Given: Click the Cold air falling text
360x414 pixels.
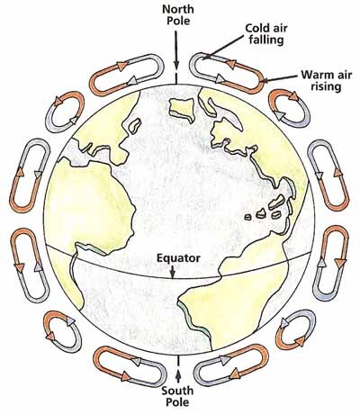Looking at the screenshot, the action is tap(266, 34).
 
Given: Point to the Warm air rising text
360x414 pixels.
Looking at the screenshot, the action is tap(326, 80).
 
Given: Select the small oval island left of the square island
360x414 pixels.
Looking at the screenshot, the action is tap(135, 126).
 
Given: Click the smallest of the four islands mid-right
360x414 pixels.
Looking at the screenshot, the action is tap(248, 217).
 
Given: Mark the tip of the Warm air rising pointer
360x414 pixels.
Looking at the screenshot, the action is tap(260, 81).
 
